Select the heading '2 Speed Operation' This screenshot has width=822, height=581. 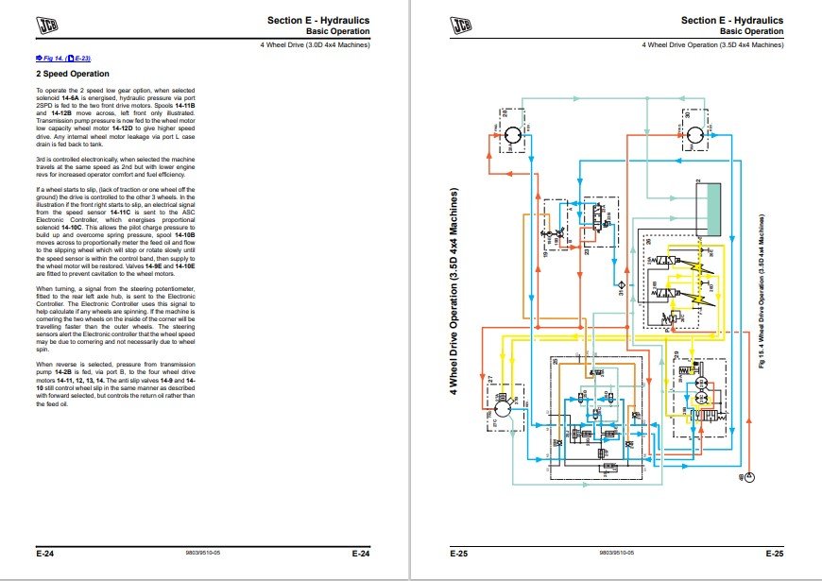click(x=73, y=74)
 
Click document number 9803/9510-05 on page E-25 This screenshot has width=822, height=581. click(x=616, y=554)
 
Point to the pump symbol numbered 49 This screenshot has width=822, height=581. click(x=748, y=478)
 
